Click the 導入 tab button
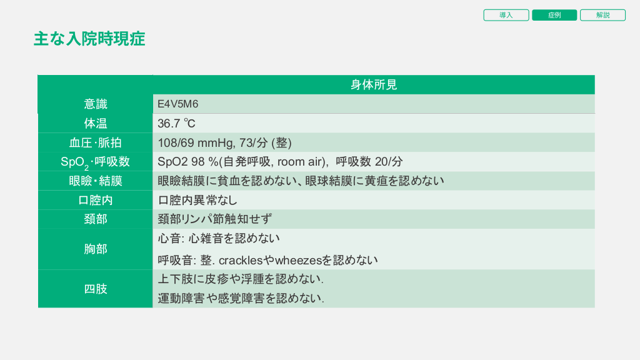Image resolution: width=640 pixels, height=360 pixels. pyautogui.click(x=506, y=15)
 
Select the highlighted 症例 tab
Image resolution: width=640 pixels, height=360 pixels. pyautogui.click(x=554, y=15)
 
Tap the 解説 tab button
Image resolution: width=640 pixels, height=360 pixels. pyautogui.click(x=602, y=15)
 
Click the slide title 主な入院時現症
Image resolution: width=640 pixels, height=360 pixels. pyautogui.click(x=89, y=39)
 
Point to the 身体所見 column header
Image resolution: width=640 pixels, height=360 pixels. pyautogui.click(x=374, y=84)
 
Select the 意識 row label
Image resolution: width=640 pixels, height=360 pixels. pyautogui.click(x=96, y=104)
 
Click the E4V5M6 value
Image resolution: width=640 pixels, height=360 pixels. pyautogui.click(x=178, y=104)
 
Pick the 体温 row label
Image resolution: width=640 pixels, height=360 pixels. pyautogui.click(x=96, y=123)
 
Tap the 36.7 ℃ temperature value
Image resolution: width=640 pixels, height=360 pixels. pyautogui.click(x=176, y=123)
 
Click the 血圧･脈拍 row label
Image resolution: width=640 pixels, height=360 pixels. pyautogui.click(x=96, y=142)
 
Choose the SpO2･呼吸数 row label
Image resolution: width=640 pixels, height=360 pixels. pyautogui.click(x=96, y=162)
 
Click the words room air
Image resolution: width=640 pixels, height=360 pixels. pyautogui.click(x=300, y=162)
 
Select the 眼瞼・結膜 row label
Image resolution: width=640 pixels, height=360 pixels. pyautogui.click(x=96, y=181)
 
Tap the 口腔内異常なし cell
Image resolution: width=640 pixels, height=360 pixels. pyautogui.click(x=197, y=200)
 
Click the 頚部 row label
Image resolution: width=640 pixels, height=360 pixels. pyautogui.click(x=96, y=219)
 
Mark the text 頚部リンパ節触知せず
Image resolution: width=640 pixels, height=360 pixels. pyautogui.click(x=215, y=219)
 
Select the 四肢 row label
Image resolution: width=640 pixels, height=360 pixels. pyautogui.click(x=96, y=289)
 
